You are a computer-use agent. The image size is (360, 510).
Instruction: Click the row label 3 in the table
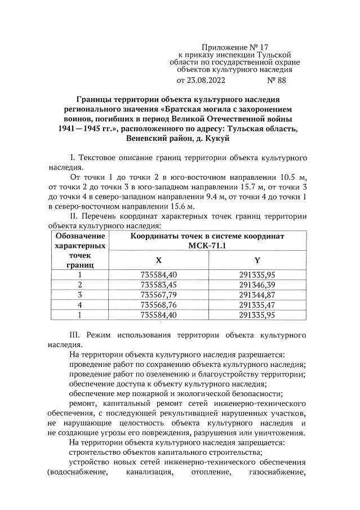(x=79, y=295)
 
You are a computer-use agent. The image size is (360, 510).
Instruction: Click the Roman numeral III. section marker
(x=76, y=335)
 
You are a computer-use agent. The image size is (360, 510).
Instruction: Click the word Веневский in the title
(x=148, y=138)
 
